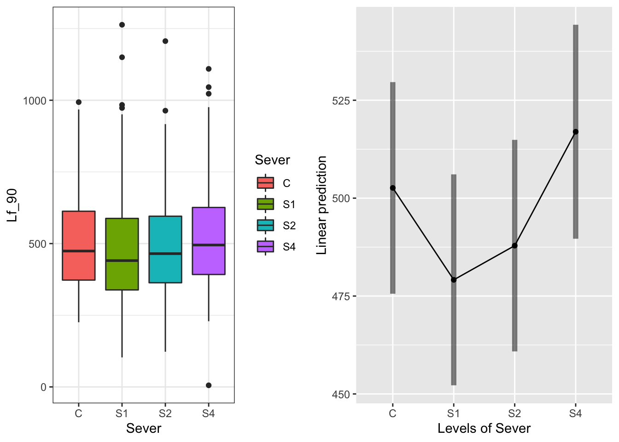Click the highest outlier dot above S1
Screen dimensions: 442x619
122,25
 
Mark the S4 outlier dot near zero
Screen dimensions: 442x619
209,385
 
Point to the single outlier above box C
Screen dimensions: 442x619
79,102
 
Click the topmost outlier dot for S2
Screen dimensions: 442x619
165,41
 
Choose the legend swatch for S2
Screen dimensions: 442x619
265,226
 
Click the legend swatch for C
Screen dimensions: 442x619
265,183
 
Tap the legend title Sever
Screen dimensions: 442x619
272,160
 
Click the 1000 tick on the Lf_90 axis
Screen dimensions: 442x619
35,100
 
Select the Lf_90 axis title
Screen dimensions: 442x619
12,205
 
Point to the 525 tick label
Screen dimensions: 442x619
341,100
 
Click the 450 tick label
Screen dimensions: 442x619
341,395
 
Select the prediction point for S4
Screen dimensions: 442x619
576,132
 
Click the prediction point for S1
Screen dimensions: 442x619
454,279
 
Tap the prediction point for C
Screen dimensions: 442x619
393,188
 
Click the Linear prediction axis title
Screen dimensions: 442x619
322,205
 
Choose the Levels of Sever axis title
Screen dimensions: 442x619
484,429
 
